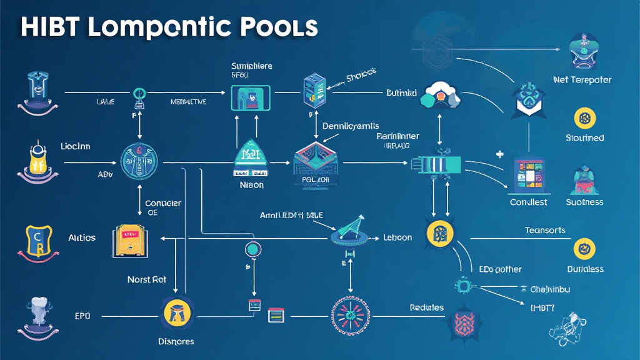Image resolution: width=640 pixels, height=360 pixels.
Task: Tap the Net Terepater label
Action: pos(582,80)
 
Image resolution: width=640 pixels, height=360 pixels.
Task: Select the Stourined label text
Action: pos(584,137)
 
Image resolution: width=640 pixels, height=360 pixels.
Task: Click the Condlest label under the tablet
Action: pos(528,202)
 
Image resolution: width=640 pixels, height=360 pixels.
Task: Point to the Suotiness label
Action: pos(584,202)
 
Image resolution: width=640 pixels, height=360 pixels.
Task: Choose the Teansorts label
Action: pos(545,230)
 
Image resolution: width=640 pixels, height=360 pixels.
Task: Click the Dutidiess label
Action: pos(585,269)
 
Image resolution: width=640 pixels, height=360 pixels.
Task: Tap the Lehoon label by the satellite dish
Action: pos(397,237)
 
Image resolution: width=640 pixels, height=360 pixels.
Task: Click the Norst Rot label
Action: pos(147,279)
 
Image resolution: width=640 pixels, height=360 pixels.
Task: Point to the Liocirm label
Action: pos(75,146)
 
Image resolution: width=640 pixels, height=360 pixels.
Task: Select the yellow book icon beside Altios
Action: pos(128,239)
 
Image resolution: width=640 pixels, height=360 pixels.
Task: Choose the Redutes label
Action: pos(427,307)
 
